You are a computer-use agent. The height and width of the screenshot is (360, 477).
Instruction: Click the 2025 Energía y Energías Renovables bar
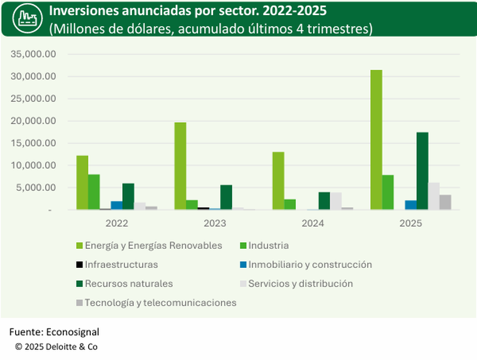376,140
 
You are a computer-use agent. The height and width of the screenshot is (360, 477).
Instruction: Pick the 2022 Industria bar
94,192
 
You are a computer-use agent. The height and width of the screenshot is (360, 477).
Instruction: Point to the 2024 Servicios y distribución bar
336,201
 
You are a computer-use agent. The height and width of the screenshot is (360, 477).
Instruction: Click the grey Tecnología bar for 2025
445,203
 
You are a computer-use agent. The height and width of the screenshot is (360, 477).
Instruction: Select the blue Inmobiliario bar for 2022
116,205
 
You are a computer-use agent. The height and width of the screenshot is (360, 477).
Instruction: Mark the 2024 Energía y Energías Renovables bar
278,181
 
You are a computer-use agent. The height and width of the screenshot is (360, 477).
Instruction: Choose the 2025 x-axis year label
410,223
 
